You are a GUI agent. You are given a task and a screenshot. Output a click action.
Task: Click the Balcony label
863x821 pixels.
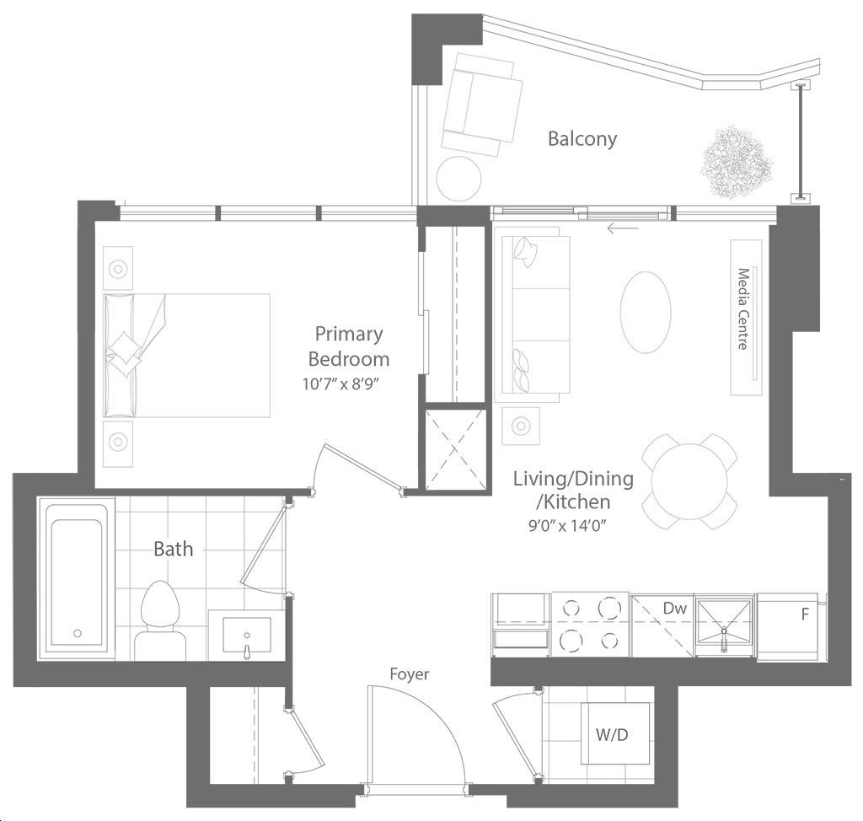pyautogui.click(x=582, y=139)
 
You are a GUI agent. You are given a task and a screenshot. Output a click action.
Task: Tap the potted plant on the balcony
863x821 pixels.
pyautogui.click(x=737, y=161)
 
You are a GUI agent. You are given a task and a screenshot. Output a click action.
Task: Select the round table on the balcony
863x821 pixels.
pyautogui.click(x=458, y=179)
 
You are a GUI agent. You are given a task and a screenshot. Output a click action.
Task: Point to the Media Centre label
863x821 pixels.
pyautogui.click(x=743, y=309)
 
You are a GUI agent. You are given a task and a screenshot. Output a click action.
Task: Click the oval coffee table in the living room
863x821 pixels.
pyautogui.click(x=646, y=312)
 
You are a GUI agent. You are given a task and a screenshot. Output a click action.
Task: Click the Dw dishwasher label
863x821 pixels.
pyautogui.click(x=675, y=608)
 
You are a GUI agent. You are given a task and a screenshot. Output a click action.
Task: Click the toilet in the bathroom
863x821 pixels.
pyautogui.click(x=161, y=620)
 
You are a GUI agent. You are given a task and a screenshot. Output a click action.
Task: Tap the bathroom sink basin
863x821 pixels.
pyautogui.click(x=247, y=635)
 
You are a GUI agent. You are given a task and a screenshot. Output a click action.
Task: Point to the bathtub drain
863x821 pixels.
pyautogui.click(x=78, y=633)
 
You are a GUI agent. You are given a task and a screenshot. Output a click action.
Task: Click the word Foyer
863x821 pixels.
pyautogui.click(x=409, y=674)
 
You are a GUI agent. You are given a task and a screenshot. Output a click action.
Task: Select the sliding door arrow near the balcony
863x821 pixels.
pyautogui.click(x=623, y=228)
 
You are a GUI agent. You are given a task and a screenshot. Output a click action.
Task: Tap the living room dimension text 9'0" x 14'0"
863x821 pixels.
pyautogui.click(x=567, y=525)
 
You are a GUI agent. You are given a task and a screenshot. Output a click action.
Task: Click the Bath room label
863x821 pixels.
pyautogui.click(x=174, y=549)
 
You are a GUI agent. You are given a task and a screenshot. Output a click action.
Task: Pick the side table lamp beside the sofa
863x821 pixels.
pyautogui.click(x=521, y=426)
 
